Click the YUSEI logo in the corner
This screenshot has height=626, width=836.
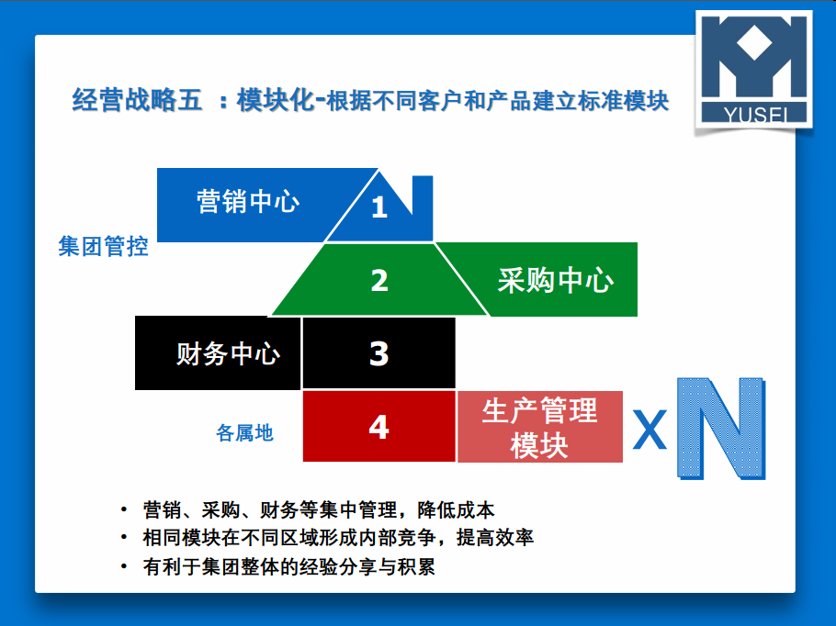coord(754,70)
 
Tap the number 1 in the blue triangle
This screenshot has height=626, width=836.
coord(379,207)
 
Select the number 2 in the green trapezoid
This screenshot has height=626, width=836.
coord(379,280)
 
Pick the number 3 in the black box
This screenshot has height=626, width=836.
coord(379,353)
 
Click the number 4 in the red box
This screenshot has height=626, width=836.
coord(378,427)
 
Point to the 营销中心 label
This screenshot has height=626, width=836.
coord(248,201)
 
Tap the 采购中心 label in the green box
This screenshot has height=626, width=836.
coord(555,280)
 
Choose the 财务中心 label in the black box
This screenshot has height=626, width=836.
coord(228,353)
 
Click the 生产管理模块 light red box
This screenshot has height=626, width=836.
coord(540,427)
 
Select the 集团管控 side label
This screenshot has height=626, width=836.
coord(103,246)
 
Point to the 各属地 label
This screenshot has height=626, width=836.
coord(244,432)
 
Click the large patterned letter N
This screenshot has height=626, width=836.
coord(721,428)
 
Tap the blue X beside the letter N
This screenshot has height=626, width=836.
coord(650,430)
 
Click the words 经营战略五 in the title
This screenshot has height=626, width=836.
coord(137,100)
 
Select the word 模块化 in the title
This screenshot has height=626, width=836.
coord(276,100)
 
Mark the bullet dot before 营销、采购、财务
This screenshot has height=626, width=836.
coord(124,509)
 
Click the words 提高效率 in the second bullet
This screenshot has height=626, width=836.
coord(495,538)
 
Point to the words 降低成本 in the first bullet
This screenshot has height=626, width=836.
coord(456,509)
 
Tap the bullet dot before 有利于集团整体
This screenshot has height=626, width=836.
coord(124,566)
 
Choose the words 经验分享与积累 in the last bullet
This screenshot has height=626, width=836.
coord(367,566)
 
